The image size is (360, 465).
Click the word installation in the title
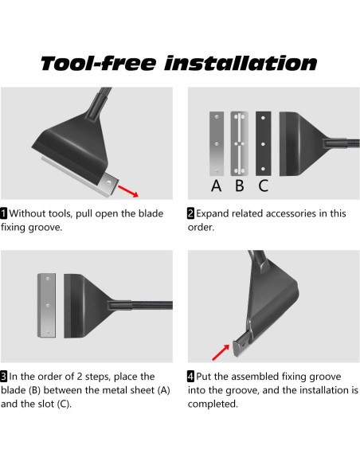click(241, 63)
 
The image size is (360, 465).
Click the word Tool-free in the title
click(98, 63)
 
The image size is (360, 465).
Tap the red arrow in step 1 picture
click(128, 191)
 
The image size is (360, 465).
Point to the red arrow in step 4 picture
click(221, 352)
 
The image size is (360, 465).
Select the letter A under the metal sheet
click(216, 186)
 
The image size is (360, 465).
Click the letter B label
click(240, 186)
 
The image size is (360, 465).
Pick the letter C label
click(264, 186)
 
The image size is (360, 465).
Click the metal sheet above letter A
click(217, 143)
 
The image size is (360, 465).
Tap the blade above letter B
click(240, 143)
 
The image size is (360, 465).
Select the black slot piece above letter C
click(264, 143)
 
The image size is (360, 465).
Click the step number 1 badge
click(4, 213)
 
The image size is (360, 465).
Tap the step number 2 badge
click(190, 213)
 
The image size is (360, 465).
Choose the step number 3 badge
click(4, 377)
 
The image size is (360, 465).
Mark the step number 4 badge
click(190, 377)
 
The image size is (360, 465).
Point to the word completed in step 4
click(213, 404)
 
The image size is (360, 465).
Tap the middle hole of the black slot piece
click(263, 144)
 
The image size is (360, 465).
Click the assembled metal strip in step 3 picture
click(46, 306)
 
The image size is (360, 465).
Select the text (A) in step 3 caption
click(164, 390)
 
